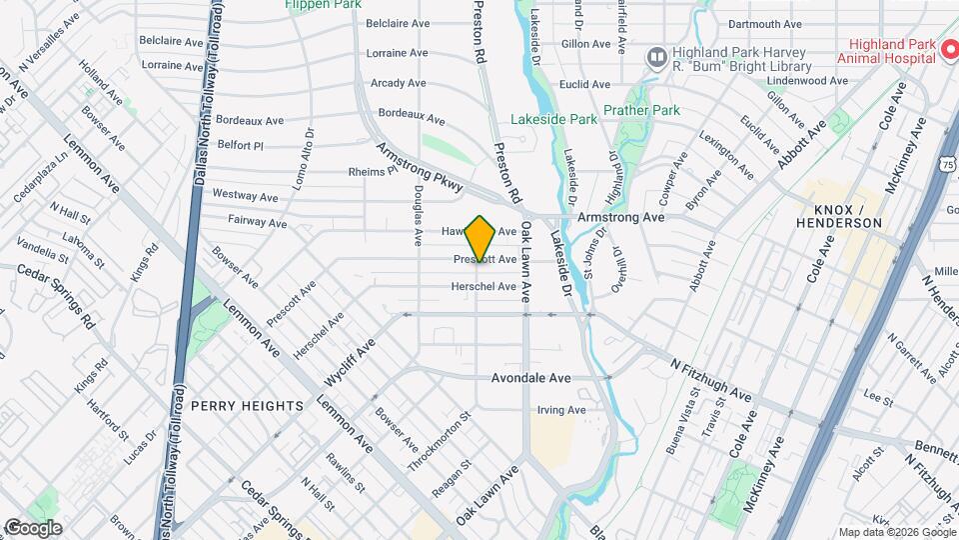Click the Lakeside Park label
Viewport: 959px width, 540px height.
tap(553, 119)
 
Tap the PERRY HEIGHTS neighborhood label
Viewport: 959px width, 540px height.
tap(246, 406)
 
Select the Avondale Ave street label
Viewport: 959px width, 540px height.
tap(530, 378)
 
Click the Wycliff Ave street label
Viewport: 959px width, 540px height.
tap(350, 362)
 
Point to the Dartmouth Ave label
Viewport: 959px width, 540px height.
tap(765, 24)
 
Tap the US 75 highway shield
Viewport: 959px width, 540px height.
tap(945, 164)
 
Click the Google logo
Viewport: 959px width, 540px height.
tap(32, 527)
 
